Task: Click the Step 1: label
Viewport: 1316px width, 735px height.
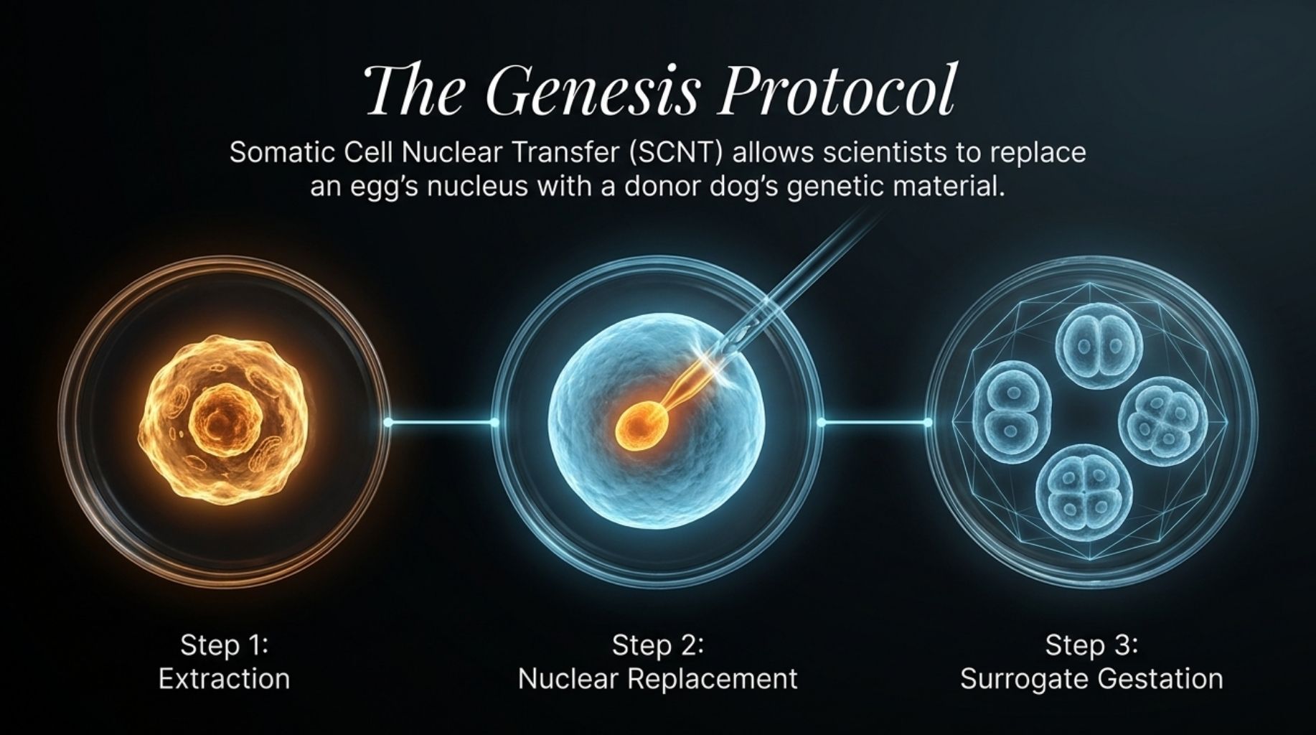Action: click(x=224, y=645)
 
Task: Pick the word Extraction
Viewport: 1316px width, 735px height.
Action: click(x=224, y=679)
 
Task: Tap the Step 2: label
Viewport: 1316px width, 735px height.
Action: click(x=657, y=645)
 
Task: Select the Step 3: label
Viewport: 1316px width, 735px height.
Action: click(x=1091, y=645)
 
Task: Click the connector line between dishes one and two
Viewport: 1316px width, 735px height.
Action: click(x=441, y=422)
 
